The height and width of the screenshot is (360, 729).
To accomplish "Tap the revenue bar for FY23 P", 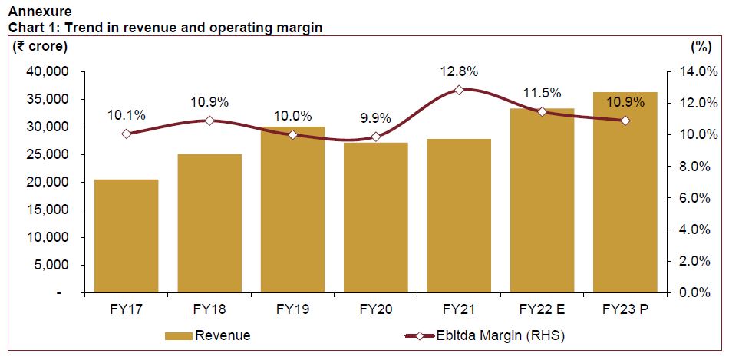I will [x=625, y=193].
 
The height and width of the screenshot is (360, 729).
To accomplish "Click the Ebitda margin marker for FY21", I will [x=459, y=90].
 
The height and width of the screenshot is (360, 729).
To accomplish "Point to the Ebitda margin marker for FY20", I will [x=375, y=137].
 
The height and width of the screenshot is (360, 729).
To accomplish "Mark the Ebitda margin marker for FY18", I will [x=209, y=121].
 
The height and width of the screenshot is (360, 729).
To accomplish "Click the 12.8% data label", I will [x=459, y=71].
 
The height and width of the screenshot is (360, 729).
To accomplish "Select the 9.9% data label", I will [x=375, y=118].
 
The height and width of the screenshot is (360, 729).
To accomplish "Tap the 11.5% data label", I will [x=542, y=93].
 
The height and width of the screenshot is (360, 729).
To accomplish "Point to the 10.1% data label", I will [x=126, y=115].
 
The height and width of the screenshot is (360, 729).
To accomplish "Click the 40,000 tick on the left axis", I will [x=48, y=71].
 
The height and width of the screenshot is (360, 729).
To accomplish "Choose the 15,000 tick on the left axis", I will [x=48, y=210].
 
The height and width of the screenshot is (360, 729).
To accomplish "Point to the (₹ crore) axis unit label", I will [x=40, y=46].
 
